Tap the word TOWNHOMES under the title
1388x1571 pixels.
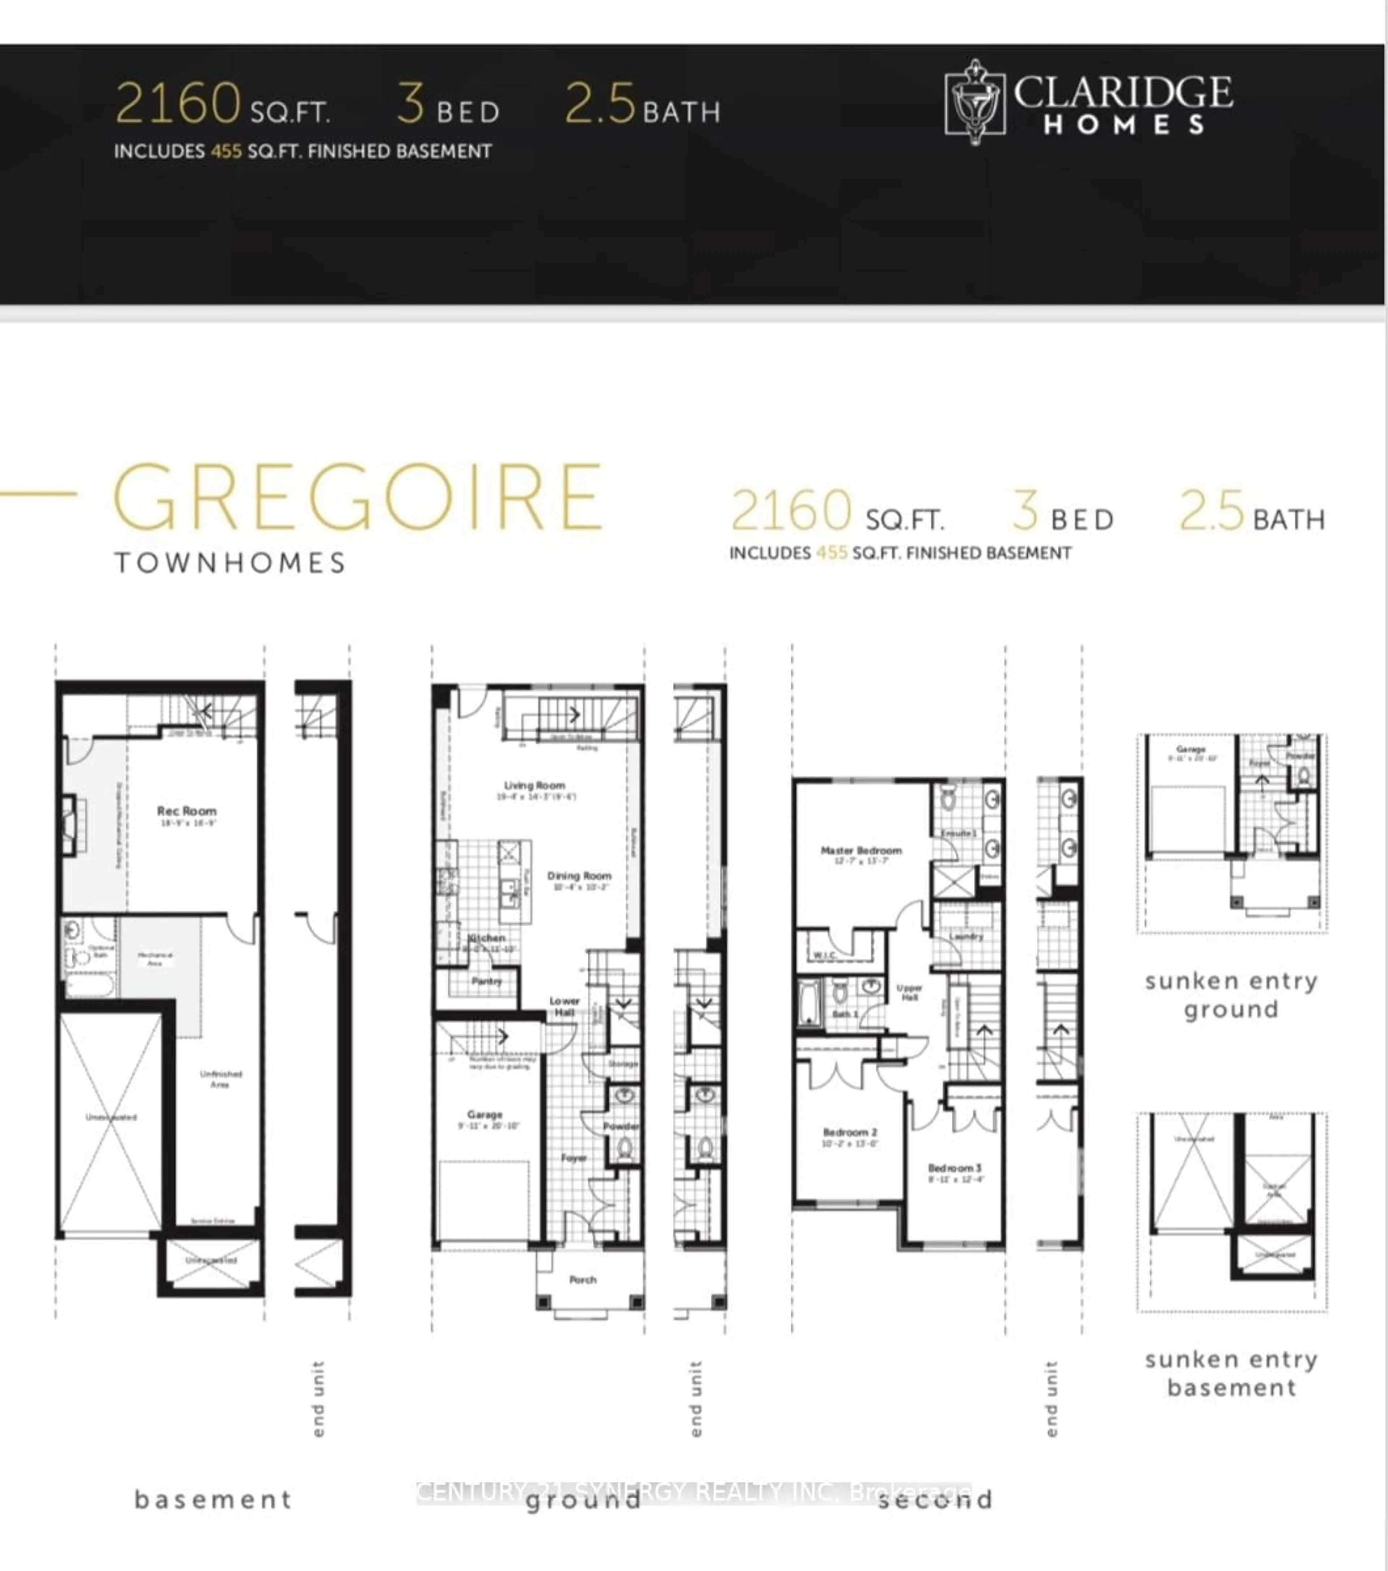pyautogui.click(x=231, y=563)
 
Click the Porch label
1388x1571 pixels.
pyautogui.click(x=583, y=1280)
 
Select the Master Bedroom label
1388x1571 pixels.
pyautogui.click(x=861, y=851)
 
